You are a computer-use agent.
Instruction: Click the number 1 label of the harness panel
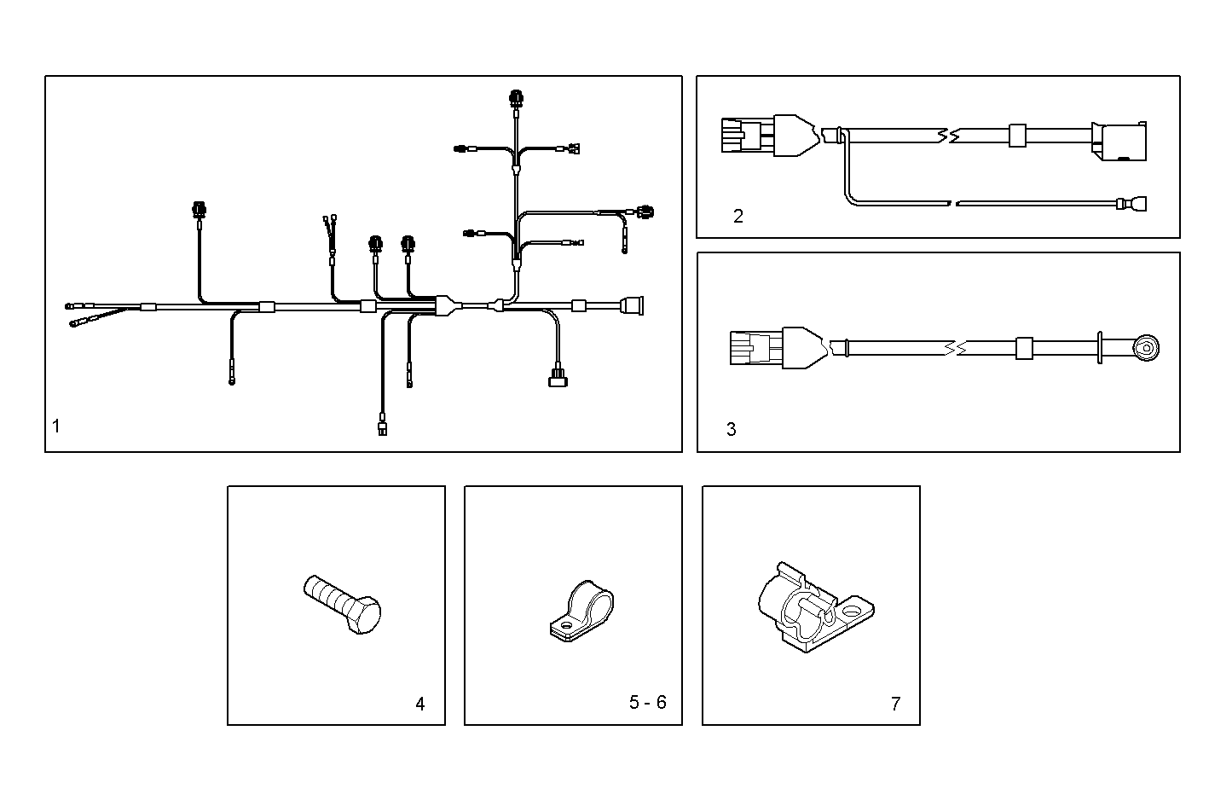(56, 426)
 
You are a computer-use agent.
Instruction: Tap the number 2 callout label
(738, 216)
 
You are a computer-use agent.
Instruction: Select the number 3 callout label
(732, 429)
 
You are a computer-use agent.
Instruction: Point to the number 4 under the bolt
(419, 704)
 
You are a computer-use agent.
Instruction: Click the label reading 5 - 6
(648, 702)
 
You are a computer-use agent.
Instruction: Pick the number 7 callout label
(895, 704)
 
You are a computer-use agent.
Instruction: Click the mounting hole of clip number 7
(851, 612)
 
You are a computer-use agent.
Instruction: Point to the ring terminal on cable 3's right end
(1147, 347)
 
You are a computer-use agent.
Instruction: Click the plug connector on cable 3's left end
(754, 348)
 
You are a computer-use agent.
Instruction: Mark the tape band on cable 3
(1024, 348)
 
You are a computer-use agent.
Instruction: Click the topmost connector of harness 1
(516, 98)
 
